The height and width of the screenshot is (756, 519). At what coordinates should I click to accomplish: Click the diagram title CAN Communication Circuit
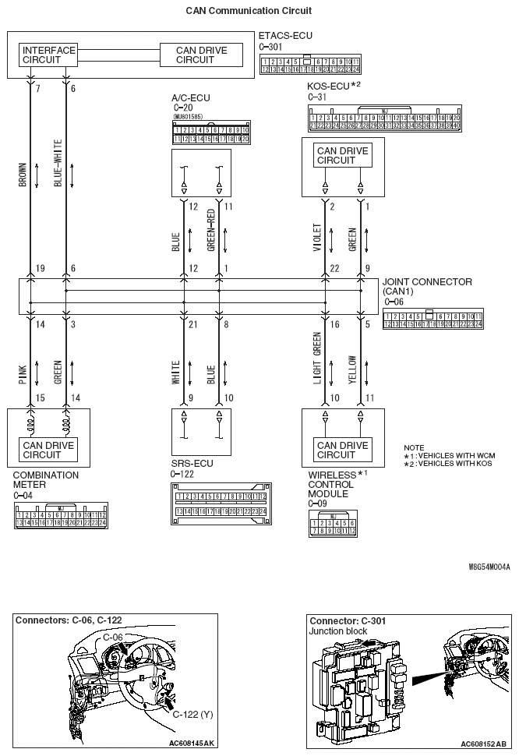249,11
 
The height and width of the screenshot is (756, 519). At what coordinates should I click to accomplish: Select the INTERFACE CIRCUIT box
48,55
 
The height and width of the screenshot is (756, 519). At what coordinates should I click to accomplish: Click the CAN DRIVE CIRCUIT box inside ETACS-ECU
201,55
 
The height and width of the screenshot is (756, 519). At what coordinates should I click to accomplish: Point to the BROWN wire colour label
23,175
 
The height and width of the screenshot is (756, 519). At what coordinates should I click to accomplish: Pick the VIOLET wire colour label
317,237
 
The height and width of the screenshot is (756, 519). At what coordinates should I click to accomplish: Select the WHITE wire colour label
175,373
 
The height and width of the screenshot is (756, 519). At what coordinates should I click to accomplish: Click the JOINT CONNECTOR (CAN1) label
426,287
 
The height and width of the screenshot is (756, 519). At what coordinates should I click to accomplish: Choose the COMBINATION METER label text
46,480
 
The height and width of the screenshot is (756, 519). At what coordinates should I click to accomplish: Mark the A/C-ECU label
191,97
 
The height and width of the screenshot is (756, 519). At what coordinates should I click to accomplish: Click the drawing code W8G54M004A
489,568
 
